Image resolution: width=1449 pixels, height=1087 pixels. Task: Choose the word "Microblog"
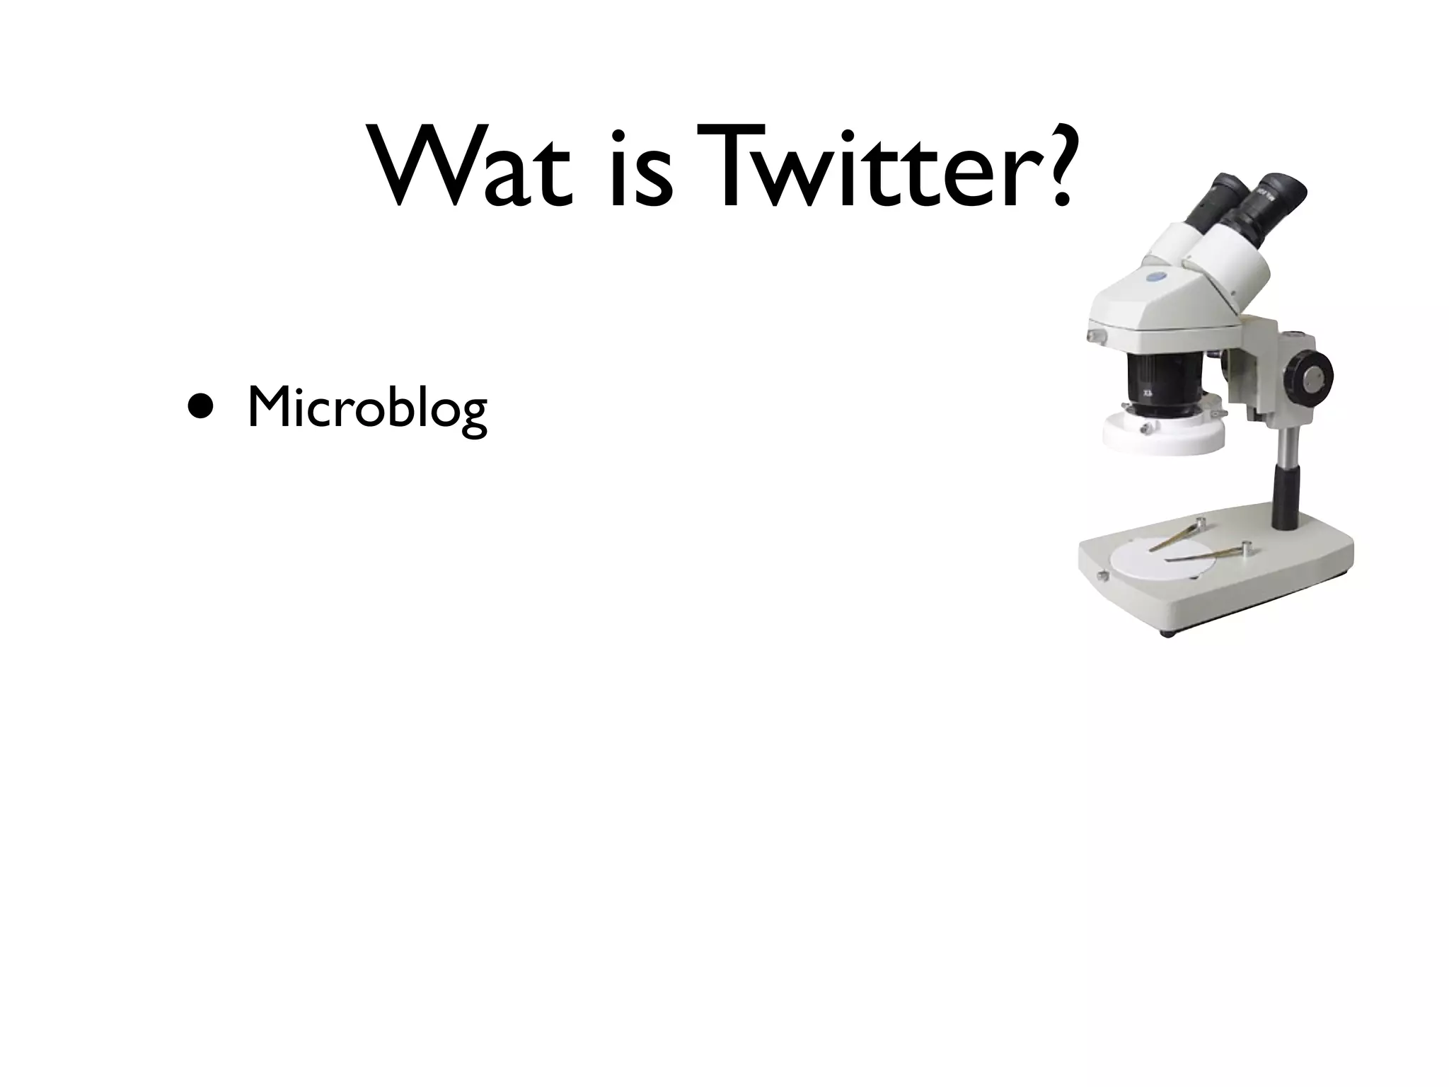(367, 410)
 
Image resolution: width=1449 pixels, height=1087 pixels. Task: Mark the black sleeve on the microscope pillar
(1286, 499)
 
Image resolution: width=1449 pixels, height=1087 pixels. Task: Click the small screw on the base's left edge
(1101, 575)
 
